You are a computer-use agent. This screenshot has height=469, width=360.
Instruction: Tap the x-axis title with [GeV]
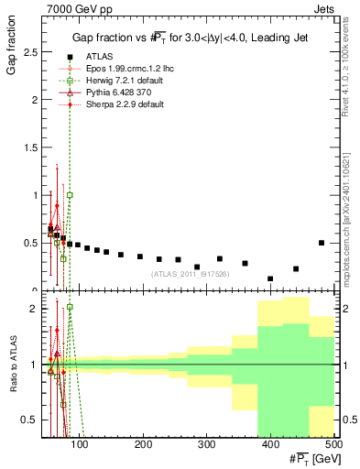pos(311,457)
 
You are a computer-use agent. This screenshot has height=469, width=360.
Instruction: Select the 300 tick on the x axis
pos(206,444)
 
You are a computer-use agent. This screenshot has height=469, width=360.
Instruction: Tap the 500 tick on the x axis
pos(333,444)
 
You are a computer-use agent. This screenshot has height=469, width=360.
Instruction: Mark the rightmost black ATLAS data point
pos(321,243)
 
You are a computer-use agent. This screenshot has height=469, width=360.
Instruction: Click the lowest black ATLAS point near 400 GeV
pos(270,278)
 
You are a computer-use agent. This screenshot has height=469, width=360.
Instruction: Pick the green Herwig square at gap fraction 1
pos(70,195)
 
